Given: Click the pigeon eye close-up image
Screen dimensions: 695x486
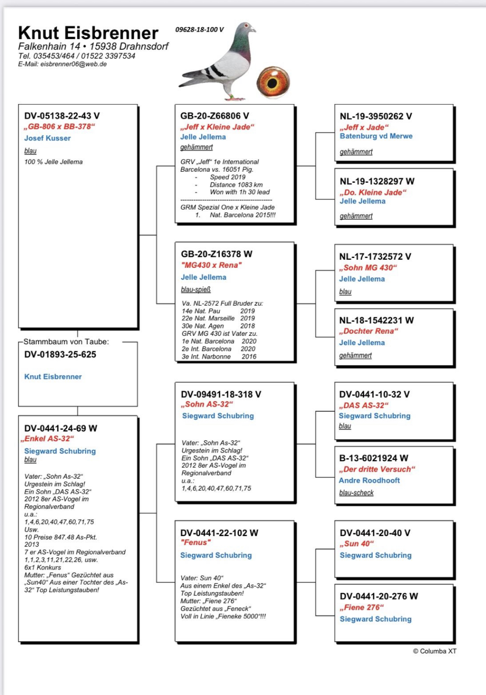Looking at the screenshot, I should tap(273, 82).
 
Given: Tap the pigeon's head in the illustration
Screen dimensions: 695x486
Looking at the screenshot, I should tap(246, 29).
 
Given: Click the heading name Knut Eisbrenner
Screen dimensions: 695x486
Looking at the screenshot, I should tap(88, 33).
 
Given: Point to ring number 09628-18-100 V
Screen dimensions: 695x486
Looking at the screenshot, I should tap(199, 30).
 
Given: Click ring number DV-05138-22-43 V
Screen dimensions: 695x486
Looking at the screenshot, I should tap(62, 116).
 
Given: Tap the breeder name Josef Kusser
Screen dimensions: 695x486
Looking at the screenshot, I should tap(48, 138).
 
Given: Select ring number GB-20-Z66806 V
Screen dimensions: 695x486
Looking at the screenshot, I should tap(215, 116).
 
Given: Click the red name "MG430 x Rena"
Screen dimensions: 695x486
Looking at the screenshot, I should tap(211, 265).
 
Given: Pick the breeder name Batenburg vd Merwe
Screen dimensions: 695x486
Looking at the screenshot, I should tap(376, 136).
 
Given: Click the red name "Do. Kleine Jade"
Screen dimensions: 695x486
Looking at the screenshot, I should tap(373, 192).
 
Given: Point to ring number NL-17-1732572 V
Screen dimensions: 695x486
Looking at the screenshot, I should tap(375, 257).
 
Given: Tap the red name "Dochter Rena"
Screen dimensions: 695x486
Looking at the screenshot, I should tap(369, 331).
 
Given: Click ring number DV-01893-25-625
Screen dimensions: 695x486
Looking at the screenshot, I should tap(60, 355).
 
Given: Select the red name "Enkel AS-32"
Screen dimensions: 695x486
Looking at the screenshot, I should tap(48, 439).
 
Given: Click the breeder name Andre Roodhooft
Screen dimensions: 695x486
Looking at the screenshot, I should tap(369, 480).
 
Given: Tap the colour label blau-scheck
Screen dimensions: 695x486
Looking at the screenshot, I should tap(357, 493).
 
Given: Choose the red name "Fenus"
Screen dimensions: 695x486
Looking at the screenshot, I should tap(196, 542).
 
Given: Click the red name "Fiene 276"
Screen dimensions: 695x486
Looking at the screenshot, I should tap(362, 607).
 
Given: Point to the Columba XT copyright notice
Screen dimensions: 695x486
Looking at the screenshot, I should tap(435, 651).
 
